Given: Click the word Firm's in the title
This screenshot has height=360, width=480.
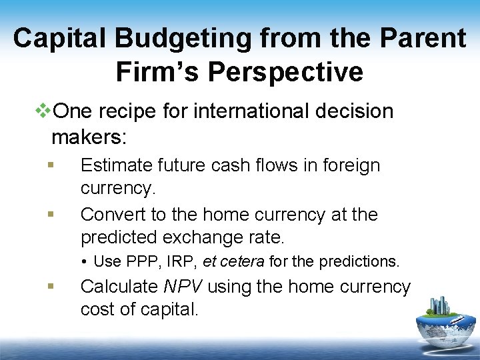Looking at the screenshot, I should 159,72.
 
